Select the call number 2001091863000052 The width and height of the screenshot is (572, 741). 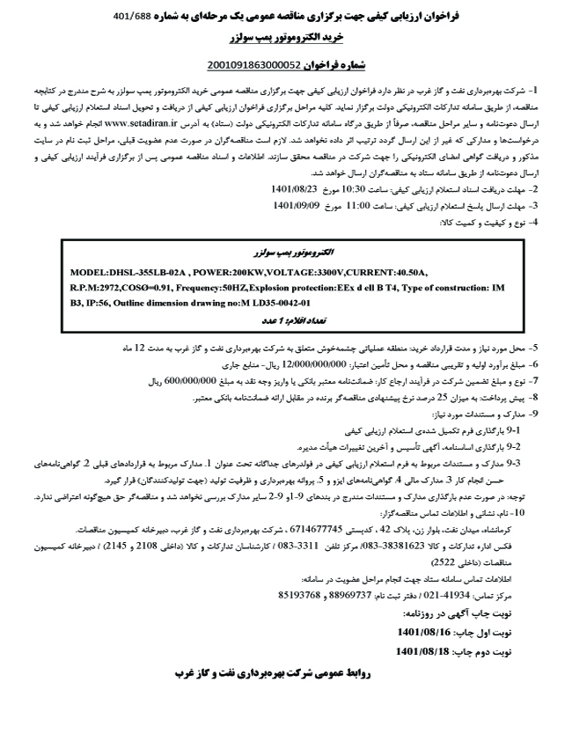pos(254,64)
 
